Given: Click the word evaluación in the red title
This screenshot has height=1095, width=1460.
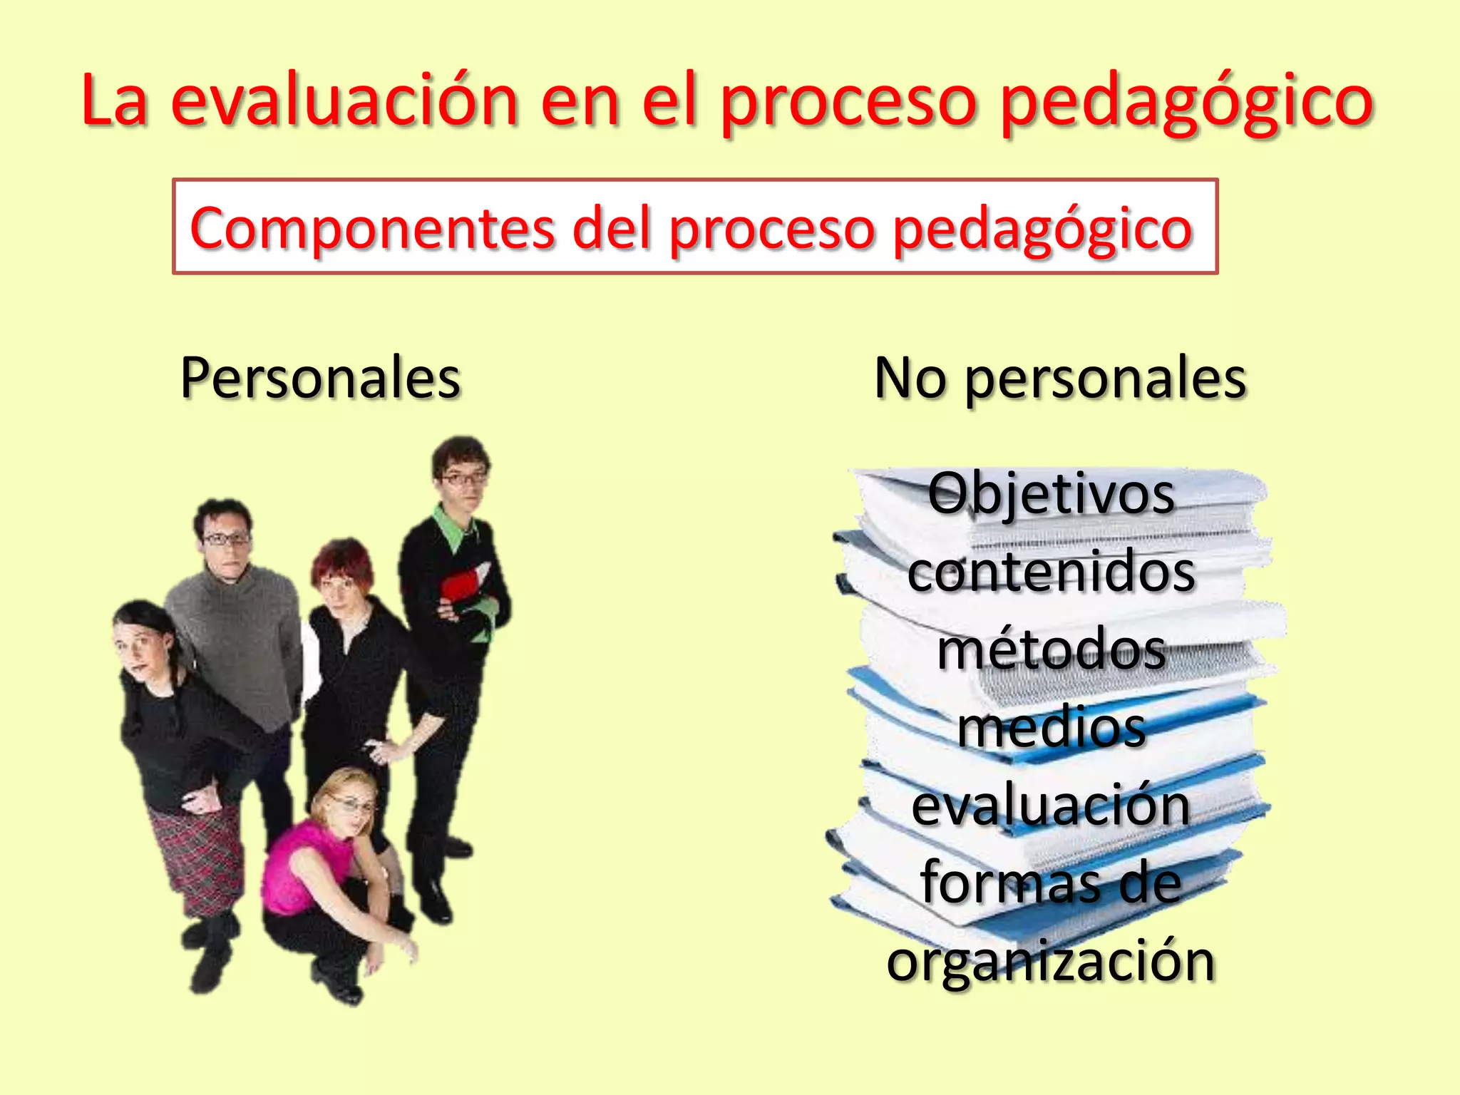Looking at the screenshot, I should point(344,101).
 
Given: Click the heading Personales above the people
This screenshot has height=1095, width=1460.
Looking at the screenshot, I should point(320,378).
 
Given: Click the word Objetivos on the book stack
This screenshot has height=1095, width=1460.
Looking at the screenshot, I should point(1051,493).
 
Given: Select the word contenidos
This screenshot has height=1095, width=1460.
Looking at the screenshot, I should point(1051,572).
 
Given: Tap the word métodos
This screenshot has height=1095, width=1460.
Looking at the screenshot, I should point(1051,650).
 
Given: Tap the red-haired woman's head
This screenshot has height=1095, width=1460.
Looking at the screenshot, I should point(342,570).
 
